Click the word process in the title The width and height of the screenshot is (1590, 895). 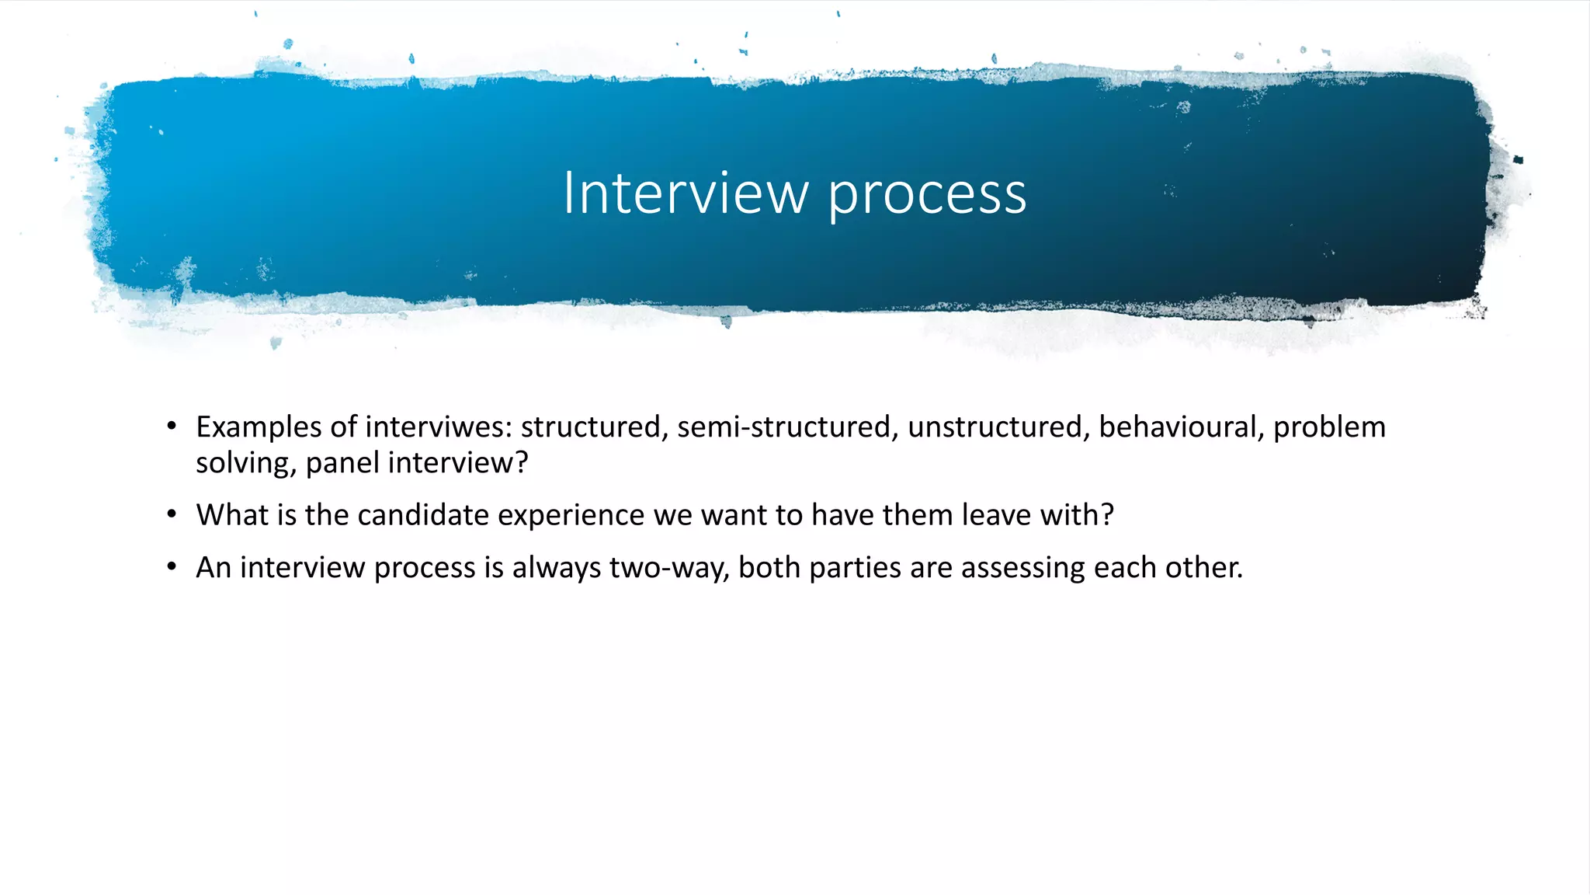click(927, 196)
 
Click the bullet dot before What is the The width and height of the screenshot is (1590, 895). click(172, 515)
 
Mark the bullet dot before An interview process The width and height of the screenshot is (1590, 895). click(172, 567)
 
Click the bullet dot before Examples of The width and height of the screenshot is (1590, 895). click(172, 427)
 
